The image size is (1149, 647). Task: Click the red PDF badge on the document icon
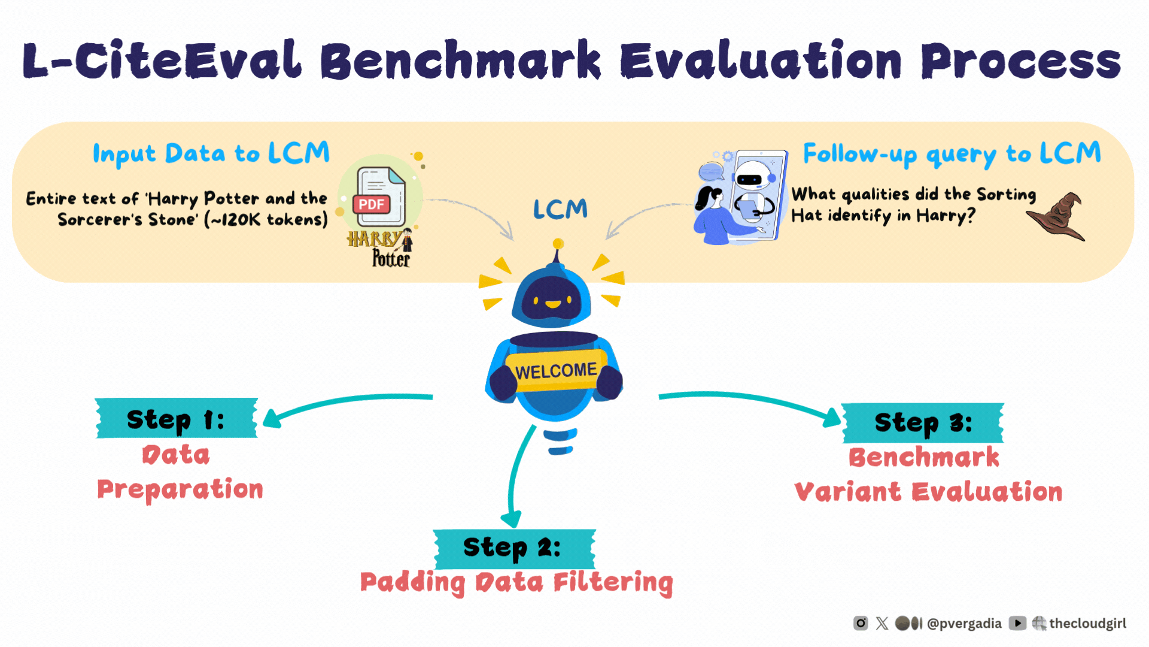click(372, 204)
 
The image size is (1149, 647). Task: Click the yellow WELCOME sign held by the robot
click(556, 371)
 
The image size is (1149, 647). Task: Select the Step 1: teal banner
click(177, 419)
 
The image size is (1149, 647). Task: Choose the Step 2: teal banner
click(514, 548)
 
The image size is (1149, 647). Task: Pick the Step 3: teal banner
click(923, 422)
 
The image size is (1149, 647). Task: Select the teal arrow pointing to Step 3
click(748, 401)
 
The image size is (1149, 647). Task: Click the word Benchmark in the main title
click(461, 61)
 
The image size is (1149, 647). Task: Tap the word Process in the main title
click(1020, 61)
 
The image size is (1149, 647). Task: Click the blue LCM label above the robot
click(560, 210)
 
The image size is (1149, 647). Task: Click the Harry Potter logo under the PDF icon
click(381, 249)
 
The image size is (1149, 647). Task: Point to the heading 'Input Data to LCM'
click(211, 154)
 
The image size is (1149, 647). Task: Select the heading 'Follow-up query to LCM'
click(952, 154)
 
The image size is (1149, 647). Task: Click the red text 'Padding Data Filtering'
click(516, 582)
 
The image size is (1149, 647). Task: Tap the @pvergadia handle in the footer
click(963, 624)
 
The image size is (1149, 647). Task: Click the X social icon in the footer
click(882, 624)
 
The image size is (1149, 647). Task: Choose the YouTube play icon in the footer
click(1017, 624)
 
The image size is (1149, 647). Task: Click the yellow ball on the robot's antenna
click(558, 244)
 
